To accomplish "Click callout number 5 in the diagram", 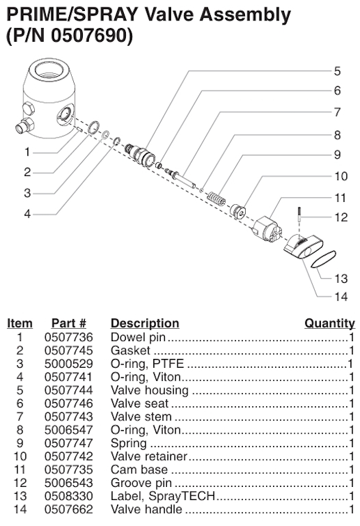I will coord(337,71).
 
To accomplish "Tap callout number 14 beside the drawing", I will coord(341,297).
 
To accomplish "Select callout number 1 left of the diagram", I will coord(27,151).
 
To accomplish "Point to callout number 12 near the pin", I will coord(341,218).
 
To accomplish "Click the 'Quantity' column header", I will coord(329,323).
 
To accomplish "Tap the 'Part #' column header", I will coord(68,323).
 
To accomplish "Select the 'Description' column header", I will coord(144,323).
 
